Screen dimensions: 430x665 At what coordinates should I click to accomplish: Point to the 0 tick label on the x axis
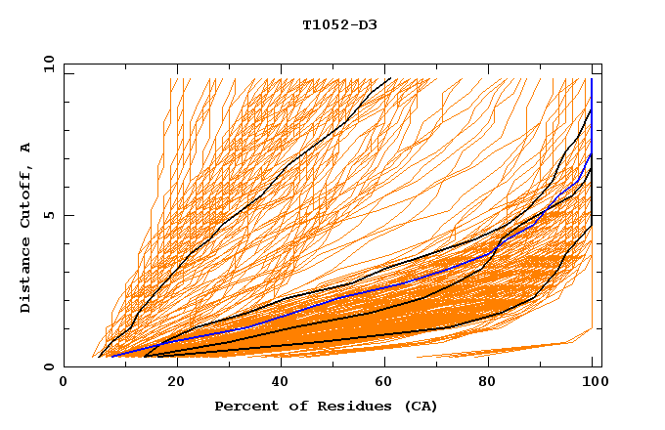tap(65, 383)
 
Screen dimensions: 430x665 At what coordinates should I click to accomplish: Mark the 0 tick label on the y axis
tap(49, 367)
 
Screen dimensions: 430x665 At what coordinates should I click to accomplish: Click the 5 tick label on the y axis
tap(49, 215)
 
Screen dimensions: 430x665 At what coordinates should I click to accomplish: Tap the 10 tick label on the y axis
tap(46, 64)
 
